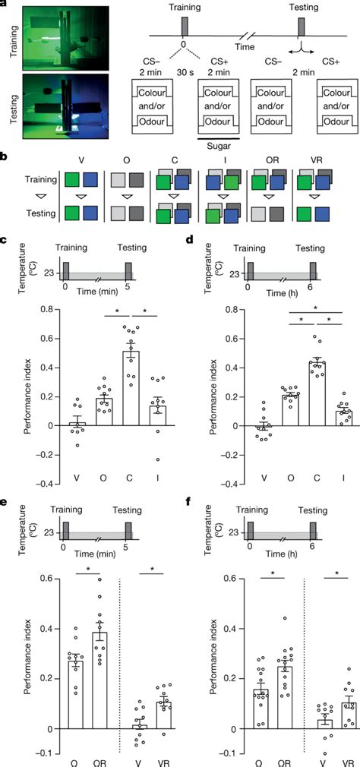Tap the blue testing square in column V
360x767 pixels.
[90, 215]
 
